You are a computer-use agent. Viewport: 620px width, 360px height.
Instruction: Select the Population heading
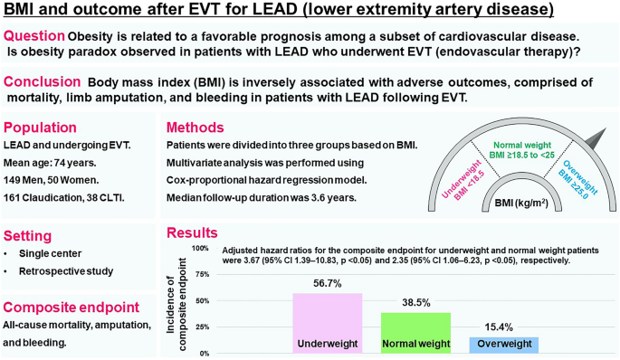click(43, 128)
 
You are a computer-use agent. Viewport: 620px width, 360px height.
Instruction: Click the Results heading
click(191, 232)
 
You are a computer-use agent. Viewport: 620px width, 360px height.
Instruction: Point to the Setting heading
click(31, 232)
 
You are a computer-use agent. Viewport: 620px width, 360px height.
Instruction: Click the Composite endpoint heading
click(71, 306)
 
